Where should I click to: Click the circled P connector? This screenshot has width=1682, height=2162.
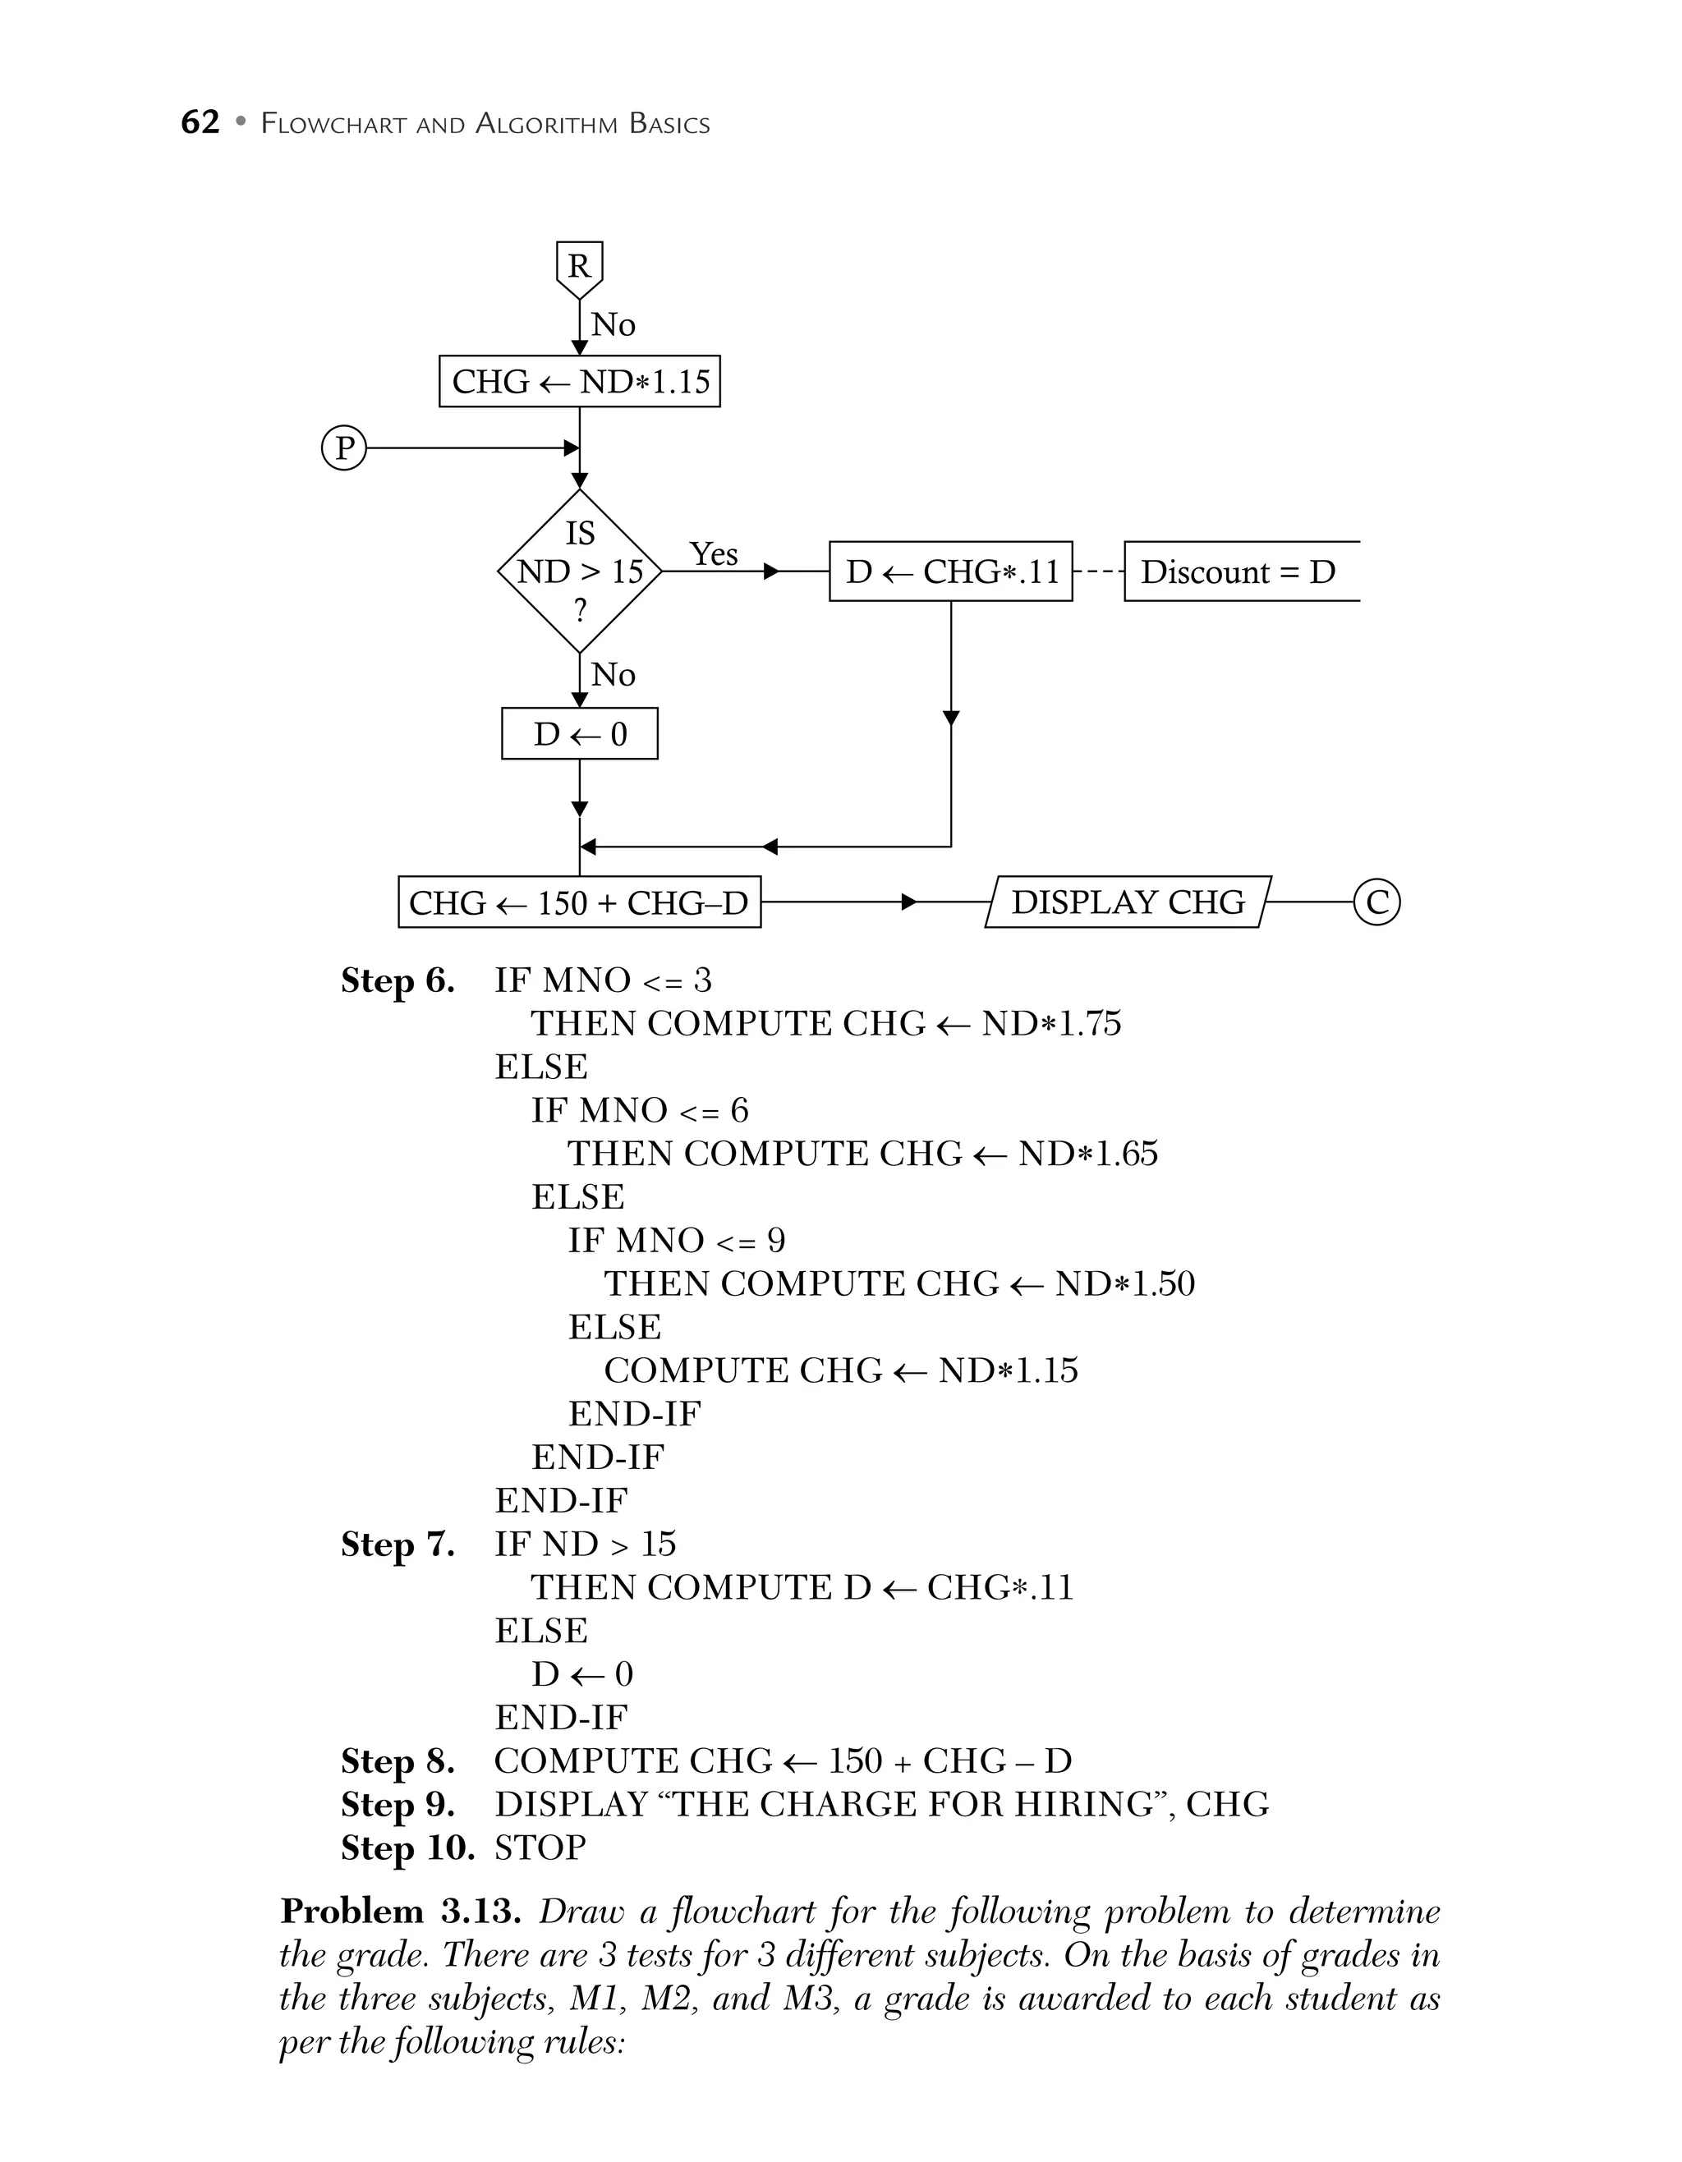pyautogui.click(x=343, y=448)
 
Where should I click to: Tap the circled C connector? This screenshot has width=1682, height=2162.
pyautogui.click(x=1376, y=902)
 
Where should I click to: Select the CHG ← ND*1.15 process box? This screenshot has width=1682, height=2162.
pyautogui.click(x=579, y=381)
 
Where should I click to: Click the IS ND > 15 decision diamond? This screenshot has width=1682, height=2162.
pyautogui.click(x=579, y=571)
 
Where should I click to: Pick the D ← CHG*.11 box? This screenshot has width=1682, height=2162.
pyautogui.click(x=950, y=571)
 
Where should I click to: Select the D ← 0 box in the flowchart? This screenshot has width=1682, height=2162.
pyautogui.click(x=579, y=733)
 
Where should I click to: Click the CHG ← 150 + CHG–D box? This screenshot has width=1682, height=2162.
pyautogui.click(x=579, y=902)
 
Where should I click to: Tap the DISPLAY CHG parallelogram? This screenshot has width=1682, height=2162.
pyautogui.click(x=1128, y=902)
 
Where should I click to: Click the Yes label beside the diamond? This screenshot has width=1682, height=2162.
pyautogui.click(x=713, y=553)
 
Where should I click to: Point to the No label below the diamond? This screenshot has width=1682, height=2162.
pyautogui.click(x=613, y=675)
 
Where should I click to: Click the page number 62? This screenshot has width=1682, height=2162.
pyautogui.click(x=200, y=122)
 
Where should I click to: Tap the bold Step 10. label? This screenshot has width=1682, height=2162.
pyautogui.click(x=407, y=1848)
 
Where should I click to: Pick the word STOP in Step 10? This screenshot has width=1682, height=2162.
pyautogui.click(x=540, y=1848)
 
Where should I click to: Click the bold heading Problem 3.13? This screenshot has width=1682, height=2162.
pyautogui.click(x=401, y=1910)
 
